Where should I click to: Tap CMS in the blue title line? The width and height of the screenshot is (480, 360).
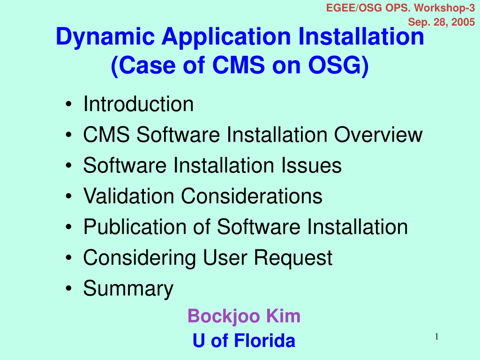(239, 65)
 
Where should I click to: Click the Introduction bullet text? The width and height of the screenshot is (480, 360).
(138, 104)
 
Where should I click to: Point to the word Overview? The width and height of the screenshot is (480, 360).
(378, 135)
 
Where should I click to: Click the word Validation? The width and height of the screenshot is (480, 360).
(129, 196)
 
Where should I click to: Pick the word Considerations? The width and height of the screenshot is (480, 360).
(252, 196)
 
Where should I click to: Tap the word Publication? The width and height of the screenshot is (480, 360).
(135, 227)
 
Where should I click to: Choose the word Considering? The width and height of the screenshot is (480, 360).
(139, 258)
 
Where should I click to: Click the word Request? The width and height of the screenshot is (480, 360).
(293, 258)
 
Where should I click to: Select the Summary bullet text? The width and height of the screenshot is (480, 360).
(128, 289)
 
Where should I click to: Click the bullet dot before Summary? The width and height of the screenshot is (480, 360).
(68, 288)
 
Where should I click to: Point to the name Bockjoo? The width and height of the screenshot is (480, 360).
(223, 316)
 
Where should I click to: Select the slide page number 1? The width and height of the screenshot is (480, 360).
(437, 337)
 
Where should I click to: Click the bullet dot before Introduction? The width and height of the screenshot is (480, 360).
(68, 104)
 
